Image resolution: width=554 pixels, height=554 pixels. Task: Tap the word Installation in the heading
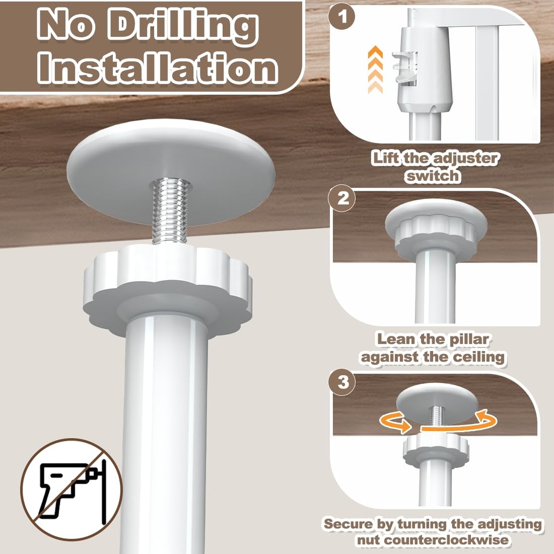click(158, 68)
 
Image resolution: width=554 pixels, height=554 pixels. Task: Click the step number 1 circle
click(342, 17)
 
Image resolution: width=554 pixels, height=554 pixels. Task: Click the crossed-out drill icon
click(71, 489)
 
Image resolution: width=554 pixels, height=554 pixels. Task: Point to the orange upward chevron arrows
click(375, 69)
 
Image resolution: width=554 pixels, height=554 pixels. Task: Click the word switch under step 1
click(432, 176)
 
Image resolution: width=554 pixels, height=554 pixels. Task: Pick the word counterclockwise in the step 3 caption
click(432, 540)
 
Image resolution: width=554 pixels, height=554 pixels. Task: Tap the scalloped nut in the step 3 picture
click(435, 448)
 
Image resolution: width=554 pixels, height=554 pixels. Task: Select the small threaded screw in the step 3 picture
click(436, 417)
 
